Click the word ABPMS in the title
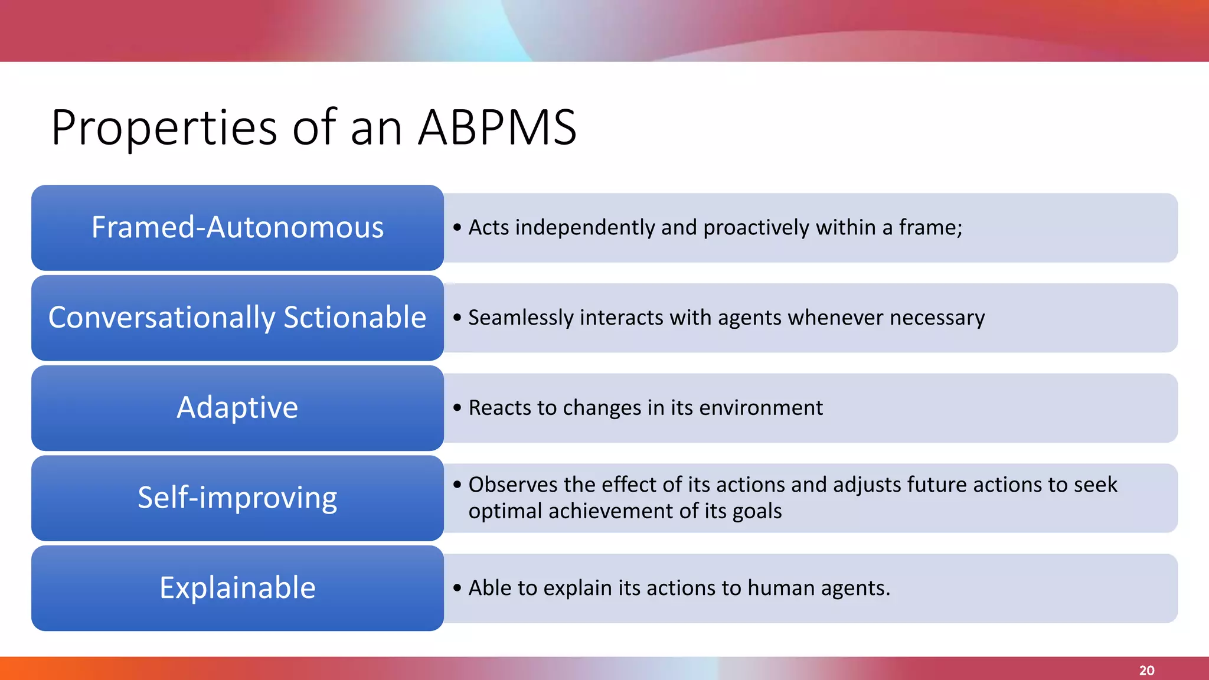click(497, 127)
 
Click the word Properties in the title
click(164, 129)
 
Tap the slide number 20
click(1146, 671)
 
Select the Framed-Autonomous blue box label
click(237, 228)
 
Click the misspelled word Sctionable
click(355, 318)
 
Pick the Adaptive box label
click(237, 408)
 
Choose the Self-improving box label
click(237, 498)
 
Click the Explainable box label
click(237, 588)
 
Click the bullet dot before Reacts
click(457, 408)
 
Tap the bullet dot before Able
click(457, 588)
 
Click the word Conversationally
click(161, 318)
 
